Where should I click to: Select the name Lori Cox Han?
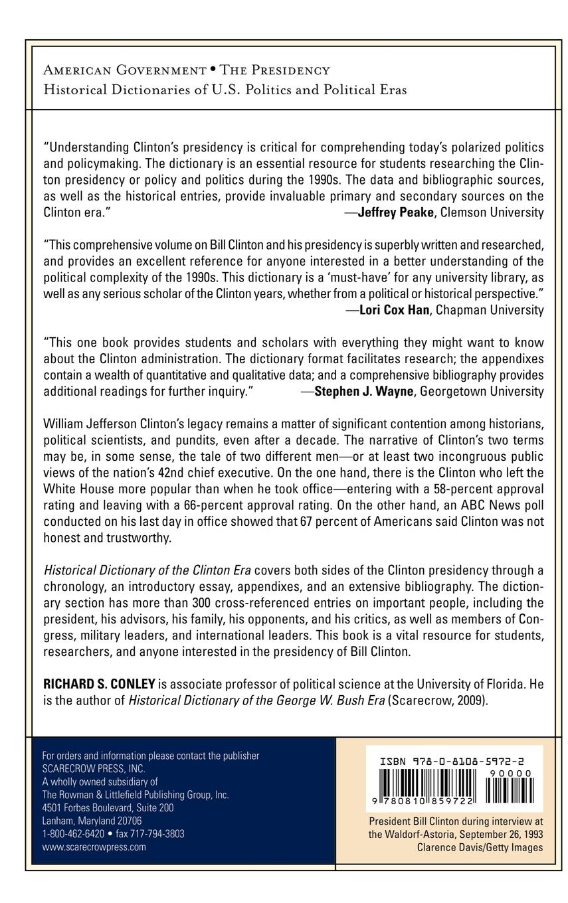click(x=393, y=310)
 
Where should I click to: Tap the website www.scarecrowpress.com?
click(x=94, y=847)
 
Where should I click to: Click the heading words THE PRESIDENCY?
click(x=275, y=70)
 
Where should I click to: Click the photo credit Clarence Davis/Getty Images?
click(x=480, y=847)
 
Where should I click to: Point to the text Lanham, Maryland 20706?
click(x=92, y=821)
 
